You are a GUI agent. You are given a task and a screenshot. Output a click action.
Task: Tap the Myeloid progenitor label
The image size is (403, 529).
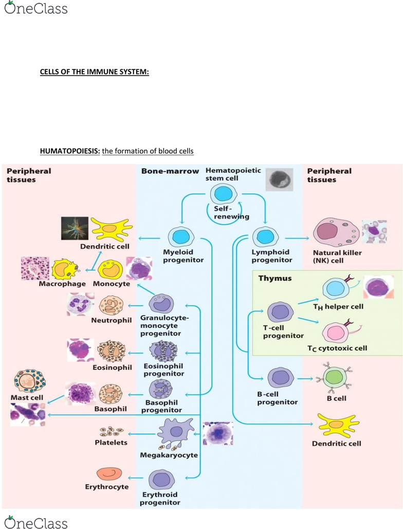(183, 256)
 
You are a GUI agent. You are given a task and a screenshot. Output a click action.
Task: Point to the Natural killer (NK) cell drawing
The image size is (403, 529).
(337, 234)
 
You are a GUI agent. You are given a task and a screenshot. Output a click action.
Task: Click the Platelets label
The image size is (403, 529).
(111, 442)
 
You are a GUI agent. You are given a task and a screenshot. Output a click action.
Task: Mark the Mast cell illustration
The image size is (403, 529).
(30, 382)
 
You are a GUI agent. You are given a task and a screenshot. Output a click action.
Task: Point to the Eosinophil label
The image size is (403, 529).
(113, 368)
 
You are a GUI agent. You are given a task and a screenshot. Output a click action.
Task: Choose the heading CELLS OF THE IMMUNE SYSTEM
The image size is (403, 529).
(95, 72)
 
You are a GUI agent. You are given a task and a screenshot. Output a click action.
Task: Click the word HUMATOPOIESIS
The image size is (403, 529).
(70, 151)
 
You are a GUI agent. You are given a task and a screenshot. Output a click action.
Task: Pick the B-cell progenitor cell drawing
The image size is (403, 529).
(281, 379)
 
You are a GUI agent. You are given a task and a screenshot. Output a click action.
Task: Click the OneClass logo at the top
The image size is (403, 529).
(35, 9)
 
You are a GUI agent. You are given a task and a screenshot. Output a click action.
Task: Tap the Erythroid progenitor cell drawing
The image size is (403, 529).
(163, 481)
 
